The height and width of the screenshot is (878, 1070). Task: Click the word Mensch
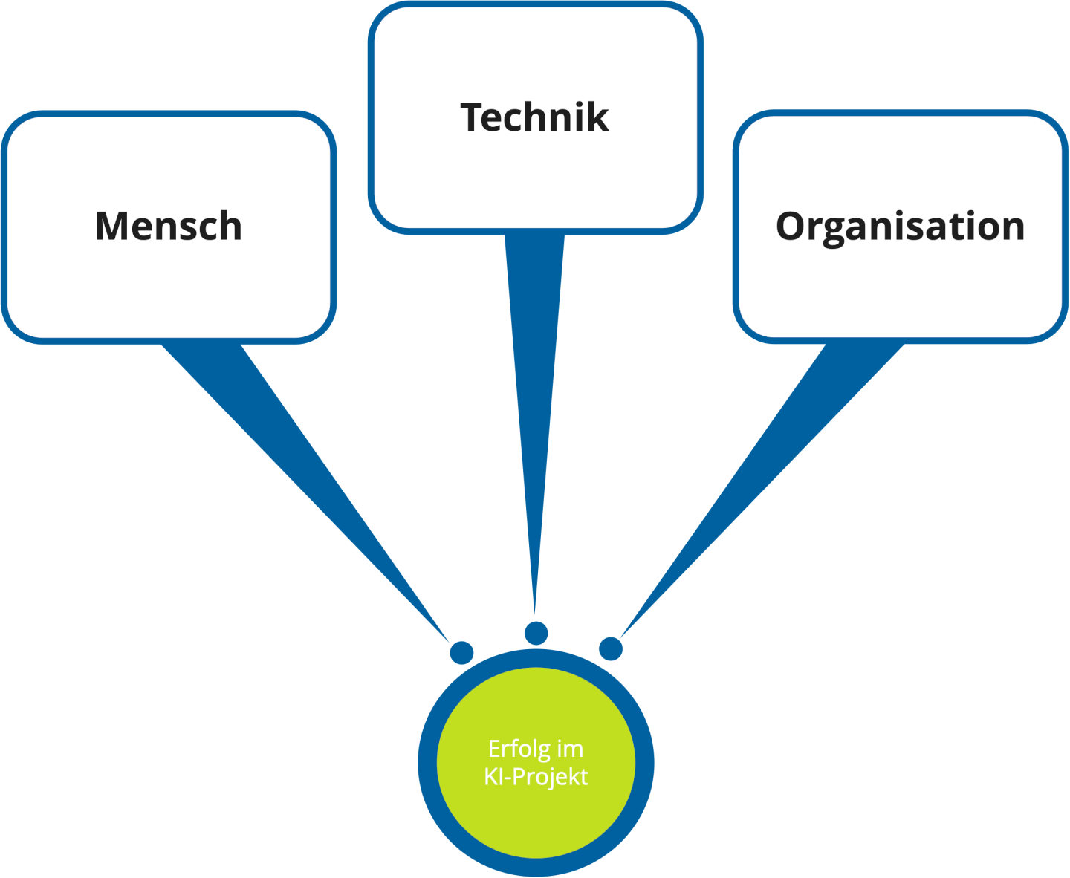(x=169, y=227)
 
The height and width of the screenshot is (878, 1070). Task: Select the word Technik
(x=534, y=117)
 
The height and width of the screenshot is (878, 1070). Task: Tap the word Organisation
(x=900, y=227)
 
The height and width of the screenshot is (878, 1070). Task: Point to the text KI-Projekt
(x=536, y=777)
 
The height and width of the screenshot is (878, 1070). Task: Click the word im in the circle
(x=570, y=749)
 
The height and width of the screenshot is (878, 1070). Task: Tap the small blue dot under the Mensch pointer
(x=461, y=652)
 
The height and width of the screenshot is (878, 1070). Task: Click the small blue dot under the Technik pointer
(x=536, y=633)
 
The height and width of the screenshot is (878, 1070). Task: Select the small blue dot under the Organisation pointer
(x=611, y=648)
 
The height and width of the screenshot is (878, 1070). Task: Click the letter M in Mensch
(x=111, y=227)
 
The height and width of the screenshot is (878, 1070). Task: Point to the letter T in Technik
(x=473, y=117)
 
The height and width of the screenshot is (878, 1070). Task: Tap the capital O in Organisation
(x=792, y=227)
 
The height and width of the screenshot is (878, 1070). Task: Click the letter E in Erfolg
(x=494, y=749)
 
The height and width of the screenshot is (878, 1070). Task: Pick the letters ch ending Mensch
(x=222, y=227)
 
